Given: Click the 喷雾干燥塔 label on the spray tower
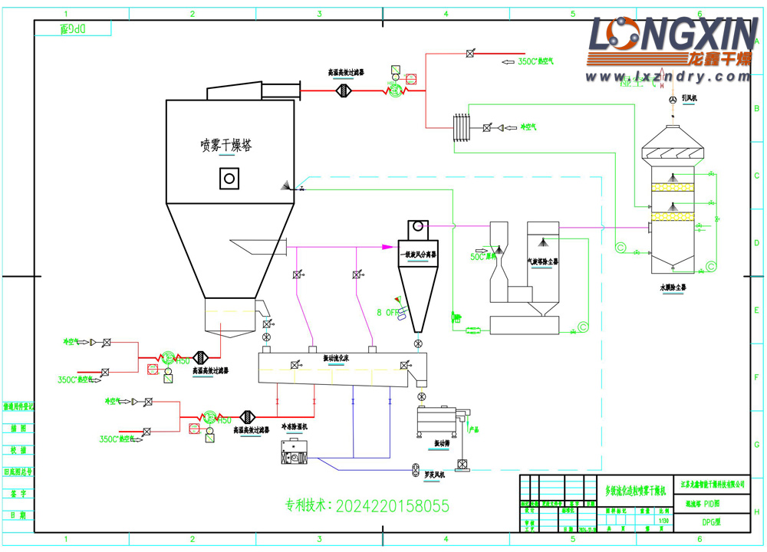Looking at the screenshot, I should pyautogui.click(x=225, y=145).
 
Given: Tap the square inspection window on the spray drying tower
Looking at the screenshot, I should pyautogui.click(x=228, y=179).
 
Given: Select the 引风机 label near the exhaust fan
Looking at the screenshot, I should pyautogui.click(x=688, y=98).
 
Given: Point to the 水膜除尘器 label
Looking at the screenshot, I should pyautogui.click(x=673, y=287).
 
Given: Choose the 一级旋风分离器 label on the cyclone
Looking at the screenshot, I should pyautogui.click(x=419, y=254).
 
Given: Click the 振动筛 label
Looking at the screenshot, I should pyautogui.click(x=443, y=443).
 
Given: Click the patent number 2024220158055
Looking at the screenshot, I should pyautogui.click(x=367, y=506).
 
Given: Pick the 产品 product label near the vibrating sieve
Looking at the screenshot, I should pyautogui.click(x=473, y=429).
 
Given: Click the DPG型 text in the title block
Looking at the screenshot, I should pyautogui.click(x=712, y=522).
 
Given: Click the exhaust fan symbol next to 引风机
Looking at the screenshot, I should pyautogui.click(x=673, y=100).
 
